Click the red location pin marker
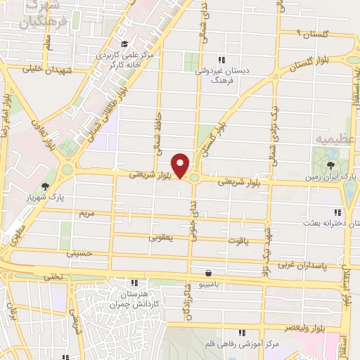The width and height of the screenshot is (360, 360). point(181,166)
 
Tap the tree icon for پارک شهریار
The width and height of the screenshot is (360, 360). point(46,187)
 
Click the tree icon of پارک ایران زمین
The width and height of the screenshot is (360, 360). point(331,166)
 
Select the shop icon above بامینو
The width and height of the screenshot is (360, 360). point(208,273)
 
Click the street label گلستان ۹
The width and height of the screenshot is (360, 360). point(308,33)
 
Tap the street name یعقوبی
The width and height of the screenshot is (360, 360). point(161,238)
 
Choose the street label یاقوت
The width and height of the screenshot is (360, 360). point(237,240)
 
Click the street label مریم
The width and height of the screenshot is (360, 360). point(86,212)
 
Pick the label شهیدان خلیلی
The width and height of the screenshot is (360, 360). point(47,70)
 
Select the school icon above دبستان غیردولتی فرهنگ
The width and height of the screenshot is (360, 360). point(221,60)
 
